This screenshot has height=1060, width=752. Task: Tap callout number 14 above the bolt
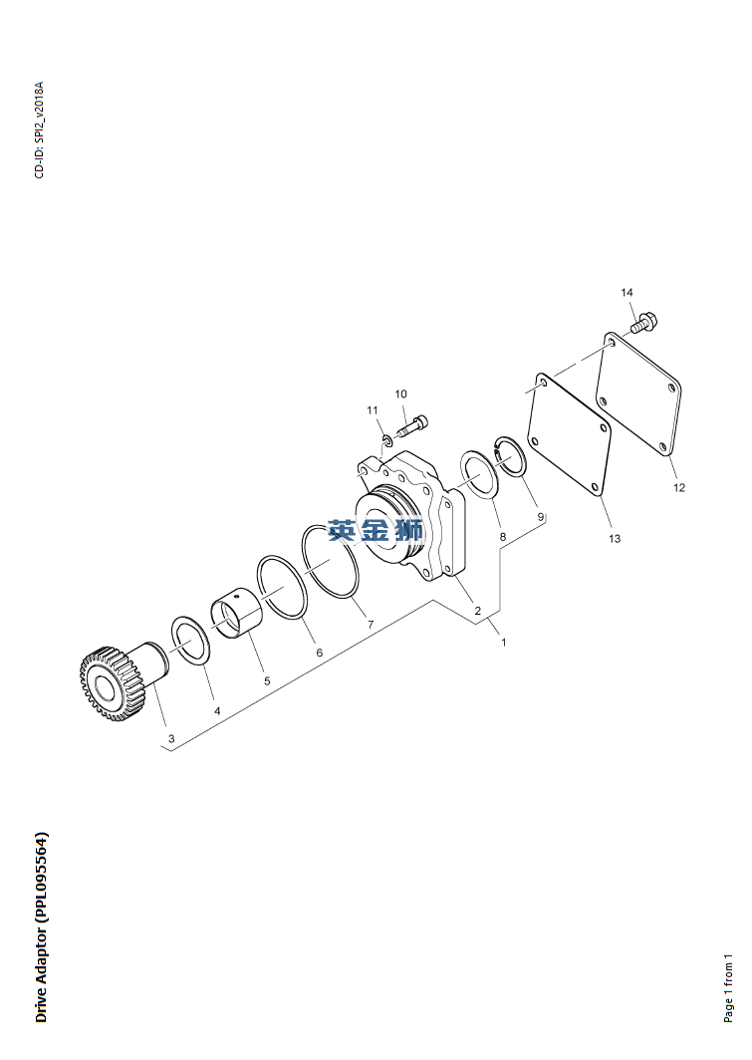point(627,293)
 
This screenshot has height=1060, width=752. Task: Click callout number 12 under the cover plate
point(679,487)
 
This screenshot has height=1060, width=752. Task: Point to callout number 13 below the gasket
point(615,539)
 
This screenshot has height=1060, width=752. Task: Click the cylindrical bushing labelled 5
point(233,611)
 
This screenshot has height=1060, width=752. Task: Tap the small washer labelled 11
point(387,441)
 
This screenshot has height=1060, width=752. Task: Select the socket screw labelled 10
point(413,424)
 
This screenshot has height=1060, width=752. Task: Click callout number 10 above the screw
point(400,395)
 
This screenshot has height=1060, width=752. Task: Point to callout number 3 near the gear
point(171,739)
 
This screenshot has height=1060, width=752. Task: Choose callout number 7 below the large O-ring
point(371,626)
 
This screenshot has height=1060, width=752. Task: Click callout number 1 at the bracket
point(503,643)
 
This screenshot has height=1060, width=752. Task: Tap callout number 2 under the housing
point(478,611)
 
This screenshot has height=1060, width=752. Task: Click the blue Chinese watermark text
point(376,531)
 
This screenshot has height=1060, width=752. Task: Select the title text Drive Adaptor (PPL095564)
point(41,927)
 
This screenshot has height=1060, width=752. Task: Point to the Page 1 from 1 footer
point(728,987)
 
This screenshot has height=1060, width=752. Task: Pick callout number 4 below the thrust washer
point(217,711)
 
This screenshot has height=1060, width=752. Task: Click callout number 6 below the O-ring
point(320,654)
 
